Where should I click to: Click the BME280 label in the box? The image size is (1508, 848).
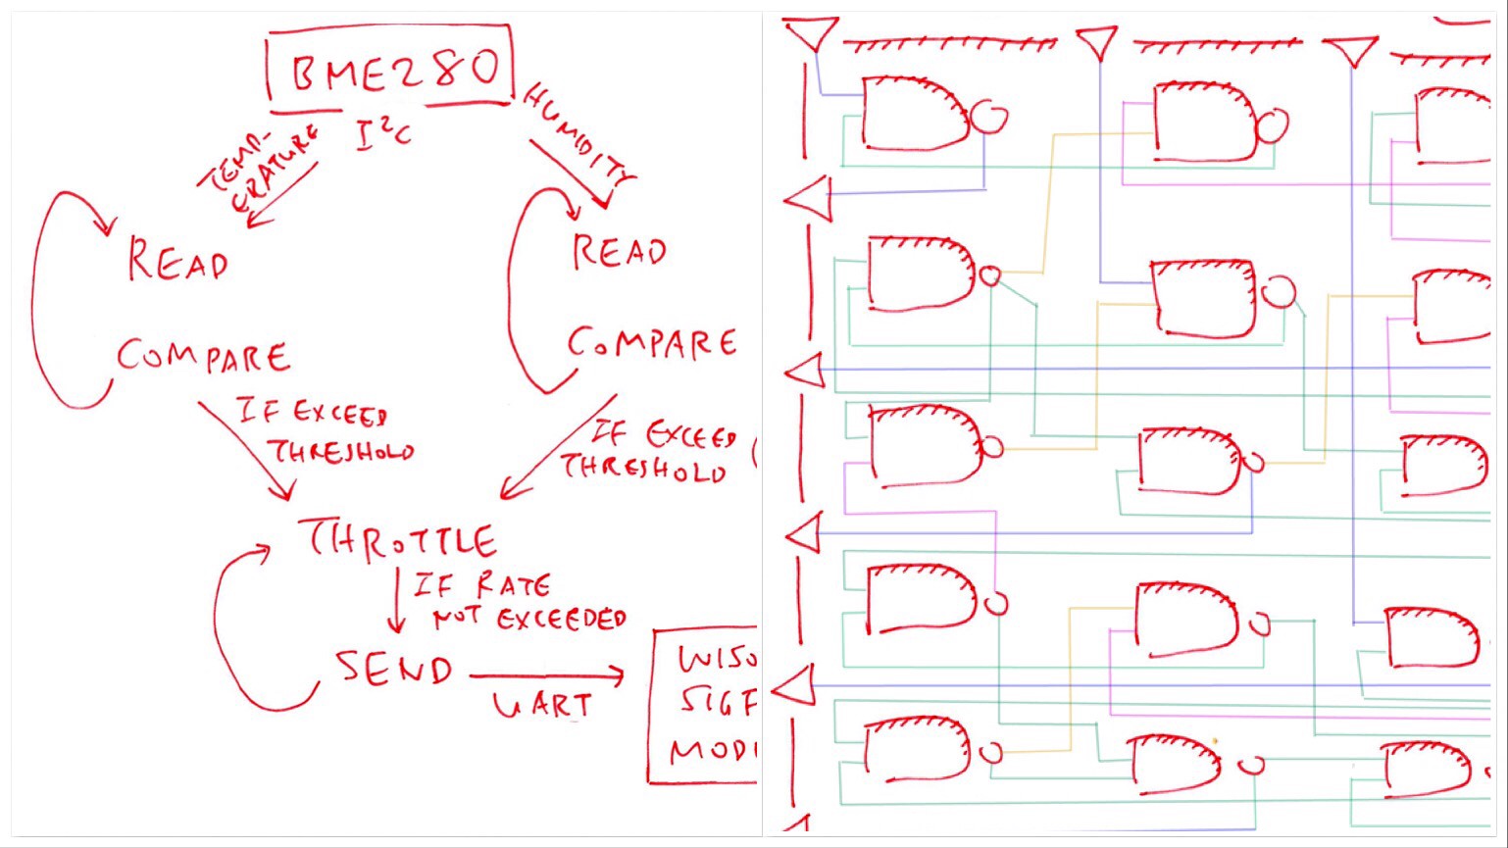tap(392, 69)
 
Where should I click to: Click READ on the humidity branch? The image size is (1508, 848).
tap(620, 252)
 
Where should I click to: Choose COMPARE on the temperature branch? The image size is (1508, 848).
tap(204, 356)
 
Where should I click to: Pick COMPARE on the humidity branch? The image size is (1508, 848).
tap(652, 344)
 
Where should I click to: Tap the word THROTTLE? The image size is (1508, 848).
tap(403, 540)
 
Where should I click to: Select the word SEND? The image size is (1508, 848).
tap(394, 670)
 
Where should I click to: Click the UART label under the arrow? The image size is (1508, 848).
tap(542, 705)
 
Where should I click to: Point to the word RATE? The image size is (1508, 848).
tap(512, 586)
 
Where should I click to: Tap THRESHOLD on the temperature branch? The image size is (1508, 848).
tap(341, 452)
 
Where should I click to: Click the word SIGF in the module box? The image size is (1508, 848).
tap(718, 702)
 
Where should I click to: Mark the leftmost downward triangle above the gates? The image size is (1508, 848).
tap(811, 33)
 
